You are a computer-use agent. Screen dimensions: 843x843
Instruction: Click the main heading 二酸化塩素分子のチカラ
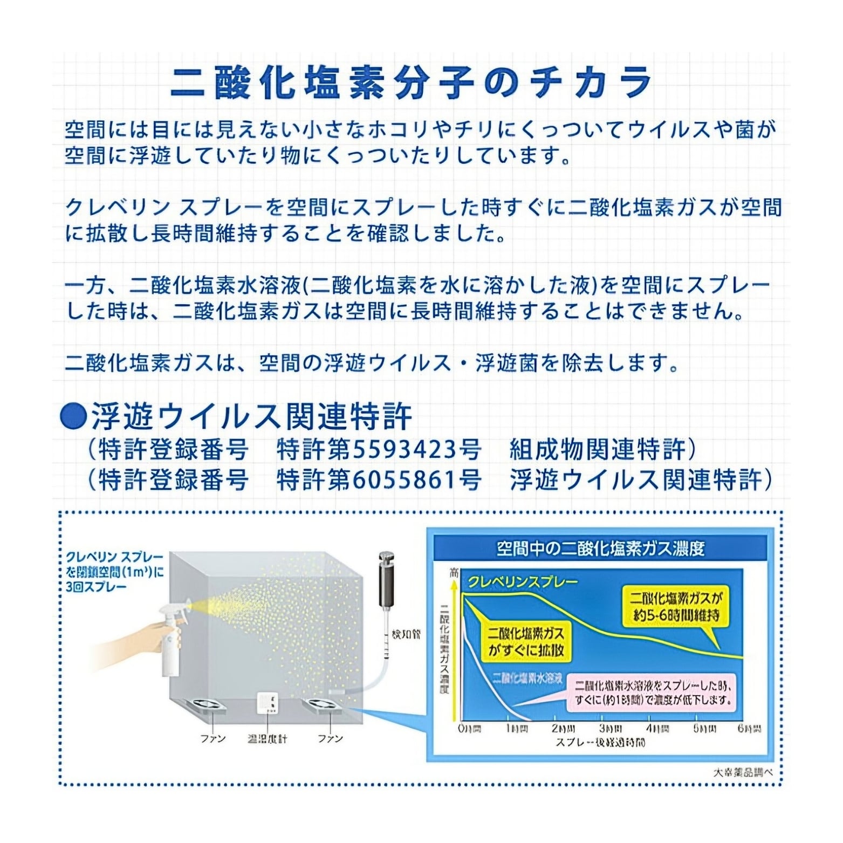411,84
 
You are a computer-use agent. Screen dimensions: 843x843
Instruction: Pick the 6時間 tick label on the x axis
749,729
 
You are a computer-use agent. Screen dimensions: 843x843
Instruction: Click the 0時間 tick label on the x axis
469,729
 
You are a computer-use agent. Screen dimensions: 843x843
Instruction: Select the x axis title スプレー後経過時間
600,743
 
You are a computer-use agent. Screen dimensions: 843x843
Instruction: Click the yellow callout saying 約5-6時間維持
675,606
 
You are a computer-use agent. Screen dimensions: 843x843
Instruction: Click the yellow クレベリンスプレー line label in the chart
522,581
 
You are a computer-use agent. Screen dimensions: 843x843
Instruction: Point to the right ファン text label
330,738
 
